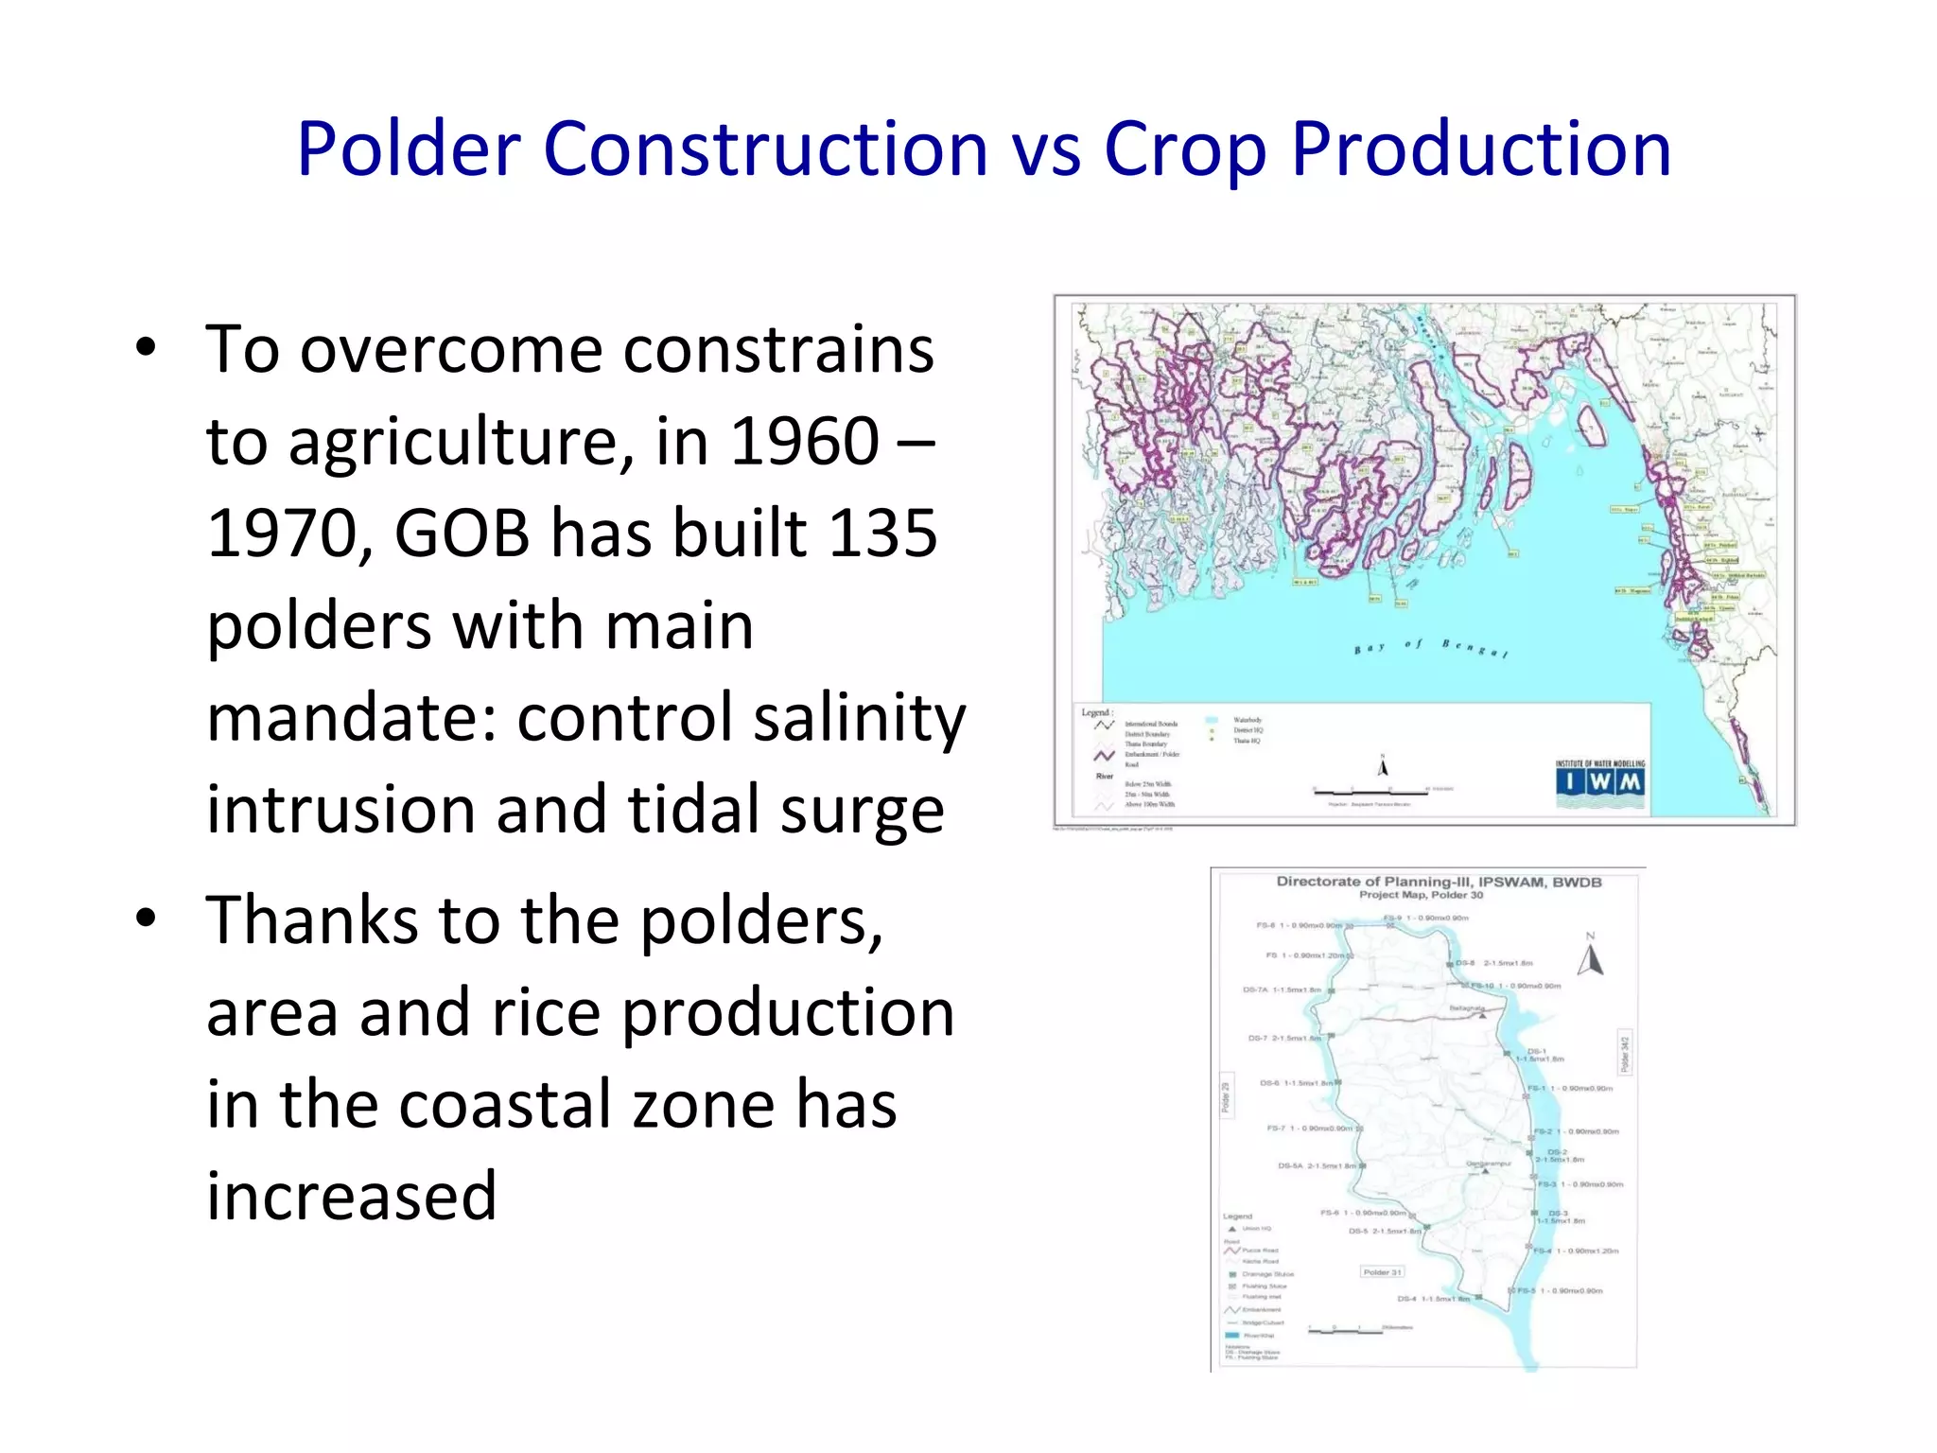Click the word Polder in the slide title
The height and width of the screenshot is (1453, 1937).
pyautogui.click(x=409, y=149)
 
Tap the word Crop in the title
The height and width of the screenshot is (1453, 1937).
pyautogui.click(x=1184, y=149)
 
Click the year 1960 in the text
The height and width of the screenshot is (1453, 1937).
pyautogui.click(x=805, y=441)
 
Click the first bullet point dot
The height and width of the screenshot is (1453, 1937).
pyautogui.click(x=145, y=349)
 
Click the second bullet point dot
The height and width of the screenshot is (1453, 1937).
pyautogui.click(x=145, y=919)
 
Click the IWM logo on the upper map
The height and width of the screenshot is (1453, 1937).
pyautogui.click(x=1600, y=781)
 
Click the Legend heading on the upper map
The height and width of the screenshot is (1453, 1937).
pyautogui.click(x=1097, y=712)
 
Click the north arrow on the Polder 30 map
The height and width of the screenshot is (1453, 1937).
pyautogui.click(x=1591, y=957)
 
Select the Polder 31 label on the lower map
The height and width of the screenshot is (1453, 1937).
pyautogui.click(x=1382, y=1272)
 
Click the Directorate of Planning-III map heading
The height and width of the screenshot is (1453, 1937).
pyautogui.click(x=1439, y=882)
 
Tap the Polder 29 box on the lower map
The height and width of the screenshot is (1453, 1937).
pyautogui.click(x=1226, y=1097)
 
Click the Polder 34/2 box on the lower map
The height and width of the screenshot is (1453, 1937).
pyautogui.click(x=1625, y=1054)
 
